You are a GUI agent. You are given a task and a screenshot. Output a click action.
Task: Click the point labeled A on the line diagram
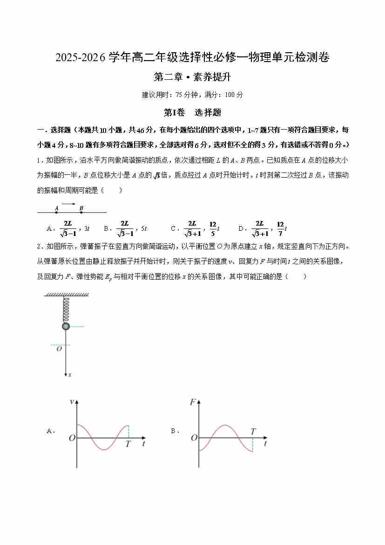tap(57, 212)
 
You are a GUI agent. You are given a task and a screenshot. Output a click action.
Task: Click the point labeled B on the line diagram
tap(81, 212)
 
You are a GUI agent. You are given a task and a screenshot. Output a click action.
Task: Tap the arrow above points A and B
tap(69, 204)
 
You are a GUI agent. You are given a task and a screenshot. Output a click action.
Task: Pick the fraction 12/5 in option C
tap(213, 228)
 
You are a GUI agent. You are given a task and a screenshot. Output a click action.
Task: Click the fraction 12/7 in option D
tap(280, 228)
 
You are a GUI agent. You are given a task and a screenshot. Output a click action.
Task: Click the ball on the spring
tap(66, 326)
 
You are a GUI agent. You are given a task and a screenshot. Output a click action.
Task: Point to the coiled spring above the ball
tap(66, 309)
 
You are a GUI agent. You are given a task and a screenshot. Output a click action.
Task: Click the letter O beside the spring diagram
tap(59, 349)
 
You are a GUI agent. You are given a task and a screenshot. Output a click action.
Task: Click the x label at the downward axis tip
tap(70, 374)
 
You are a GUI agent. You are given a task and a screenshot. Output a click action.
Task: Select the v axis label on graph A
tap(72, 401)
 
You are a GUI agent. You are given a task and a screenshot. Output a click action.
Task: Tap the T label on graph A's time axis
tap(128, 444)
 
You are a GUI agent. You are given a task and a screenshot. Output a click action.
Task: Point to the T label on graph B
tap(253, 432)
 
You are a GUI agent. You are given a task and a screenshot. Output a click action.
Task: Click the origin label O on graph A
tap(72, 438)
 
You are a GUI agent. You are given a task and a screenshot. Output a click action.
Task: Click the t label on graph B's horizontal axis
tap(265, 444)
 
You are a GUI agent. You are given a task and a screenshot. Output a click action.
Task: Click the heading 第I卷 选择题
tap(192, 112)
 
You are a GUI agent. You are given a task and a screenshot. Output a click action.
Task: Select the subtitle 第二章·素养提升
tap(192, 77)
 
